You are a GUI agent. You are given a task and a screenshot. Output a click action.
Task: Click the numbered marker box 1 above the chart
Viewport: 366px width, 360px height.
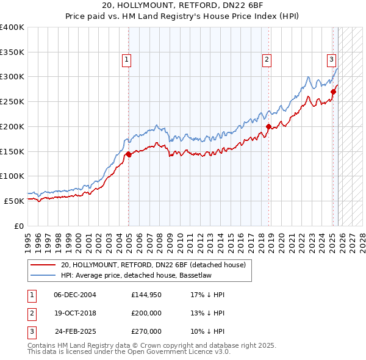(126, 59)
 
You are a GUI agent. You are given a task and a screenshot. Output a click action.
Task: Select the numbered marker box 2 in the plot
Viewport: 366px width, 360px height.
(267, 59)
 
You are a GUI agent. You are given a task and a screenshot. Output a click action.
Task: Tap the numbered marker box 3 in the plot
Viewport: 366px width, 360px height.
(331, 59)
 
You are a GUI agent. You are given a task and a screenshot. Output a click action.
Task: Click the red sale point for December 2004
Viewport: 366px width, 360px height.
(129, 154)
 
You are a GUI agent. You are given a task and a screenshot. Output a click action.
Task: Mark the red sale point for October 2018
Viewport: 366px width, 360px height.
(269, 127)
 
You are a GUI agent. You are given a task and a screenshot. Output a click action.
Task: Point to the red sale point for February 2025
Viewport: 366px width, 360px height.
(334, 92)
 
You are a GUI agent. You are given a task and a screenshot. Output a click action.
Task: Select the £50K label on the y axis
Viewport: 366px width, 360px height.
(15, 200)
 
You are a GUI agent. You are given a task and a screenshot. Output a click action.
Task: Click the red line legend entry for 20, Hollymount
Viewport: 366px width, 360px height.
(152, 265)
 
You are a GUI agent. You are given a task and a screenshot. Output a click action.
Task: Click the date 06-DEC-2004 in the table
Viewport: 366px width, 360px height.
(75, 295)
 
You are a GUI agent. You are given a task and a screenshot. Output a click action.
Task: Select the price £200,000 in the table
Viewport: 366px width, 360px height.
(146, 313)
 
